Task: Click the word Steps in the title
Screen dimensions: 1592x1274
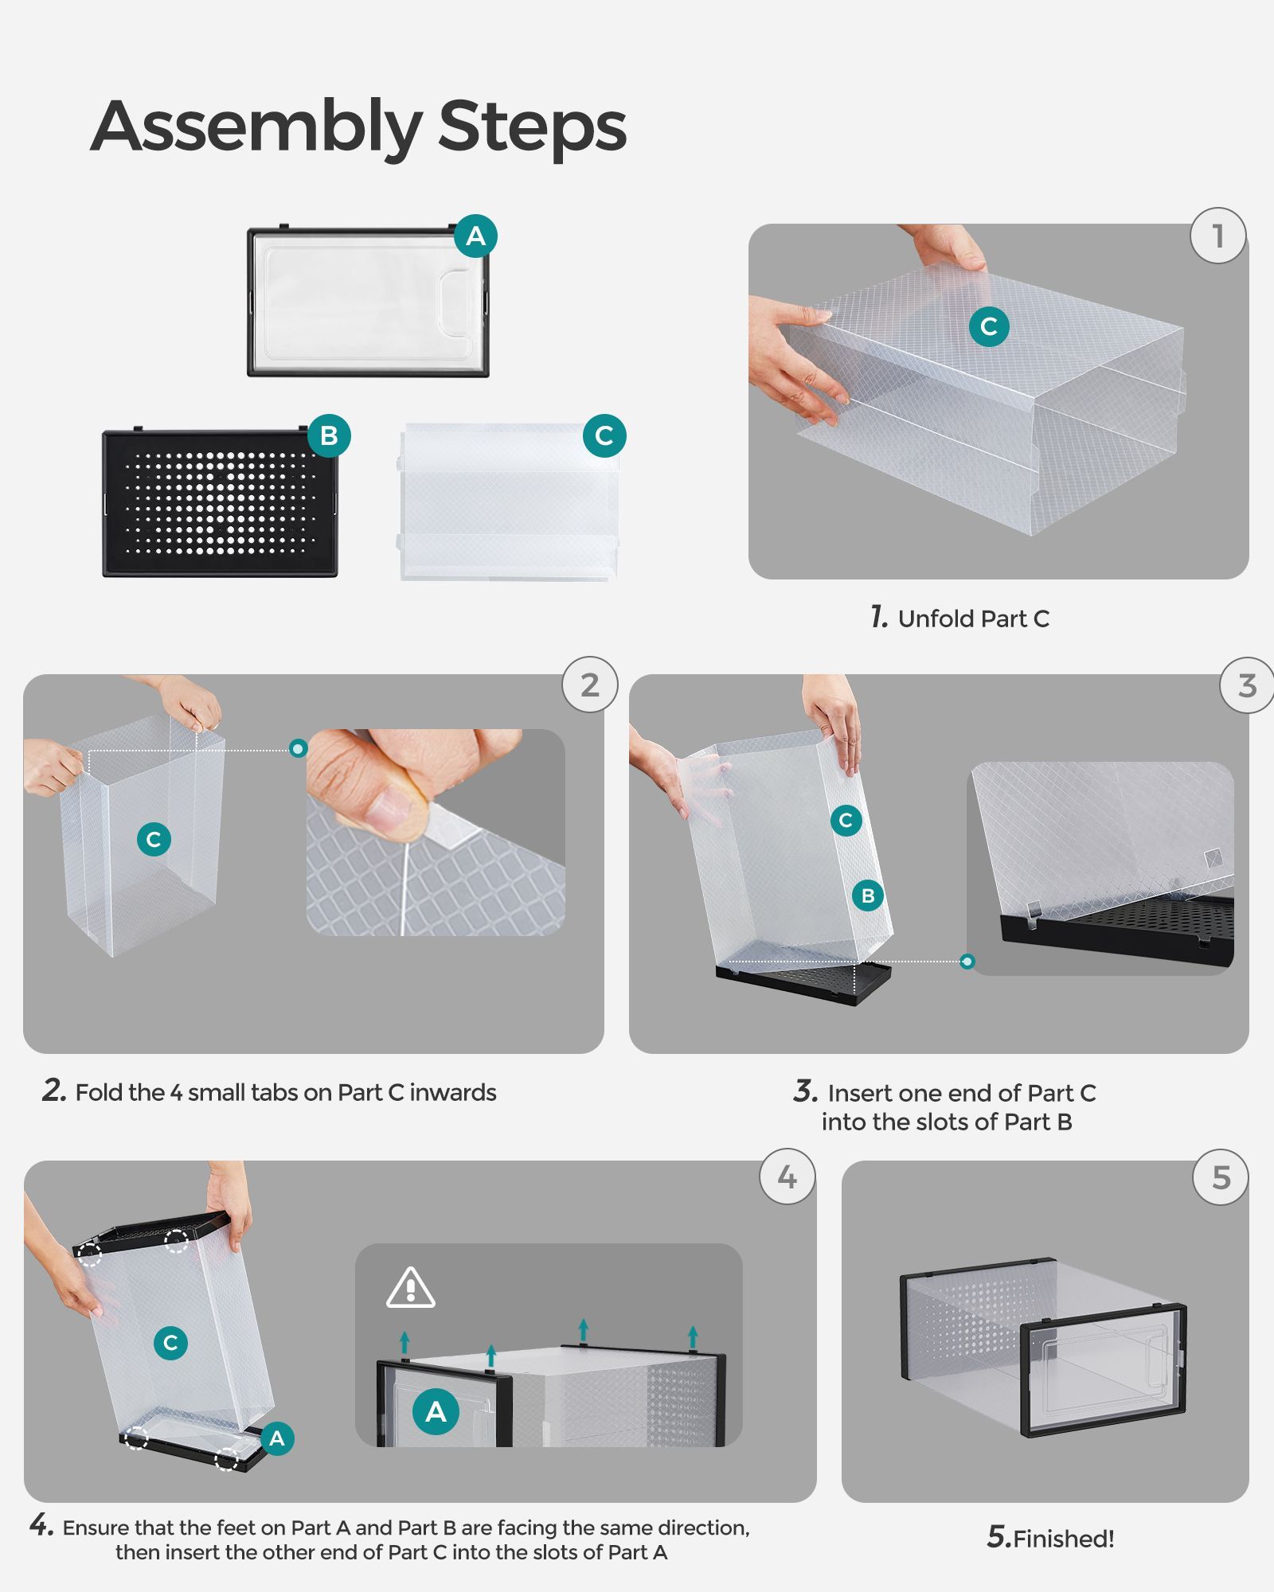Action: [x=532, y=127]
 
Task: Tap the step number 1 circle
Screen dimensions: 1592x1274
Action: [x=1217, y=236]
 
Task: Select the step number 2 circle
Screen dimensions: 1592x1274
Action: [x=589, y=685]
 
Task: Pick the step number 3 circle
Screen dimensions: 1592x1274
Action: [x=1247, y=685]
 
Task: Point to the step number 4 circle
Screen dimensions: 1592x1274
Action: [x=787, y=1176]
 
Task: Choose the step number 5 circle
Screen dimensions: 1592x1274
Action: [x=1221, y=1177]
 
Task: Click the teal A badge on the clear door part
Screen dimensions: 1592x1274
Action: [x=475, y=236]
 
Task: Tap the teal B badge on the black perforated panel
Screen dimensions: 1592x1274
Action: [x=329, y=435]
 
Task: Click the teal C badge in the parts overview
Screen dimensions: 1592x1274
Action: [x=604, y=435]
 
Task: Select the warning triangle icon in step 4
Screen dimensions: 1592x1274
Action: [x=410, y=1288]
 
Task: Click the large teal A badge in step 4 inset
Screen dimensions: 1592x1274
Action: [x=436, y=1411]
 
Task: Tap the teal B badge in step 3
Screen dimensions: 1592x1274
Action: [x=868, y=895]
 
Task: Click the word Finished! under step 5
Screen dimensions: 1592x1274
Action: [x=1064, y=1539]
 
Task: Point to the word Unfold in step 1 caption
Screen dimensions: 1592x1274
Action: [x=936, y=618]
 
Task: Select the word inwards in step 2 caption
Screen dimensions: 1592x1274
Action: [x=453, y=1092]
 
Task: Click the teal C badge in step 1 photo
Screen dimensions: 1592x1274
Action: [x=989, y=326]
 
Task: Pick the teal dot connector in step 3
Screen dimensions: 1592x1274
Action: [x=967, y=962]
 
